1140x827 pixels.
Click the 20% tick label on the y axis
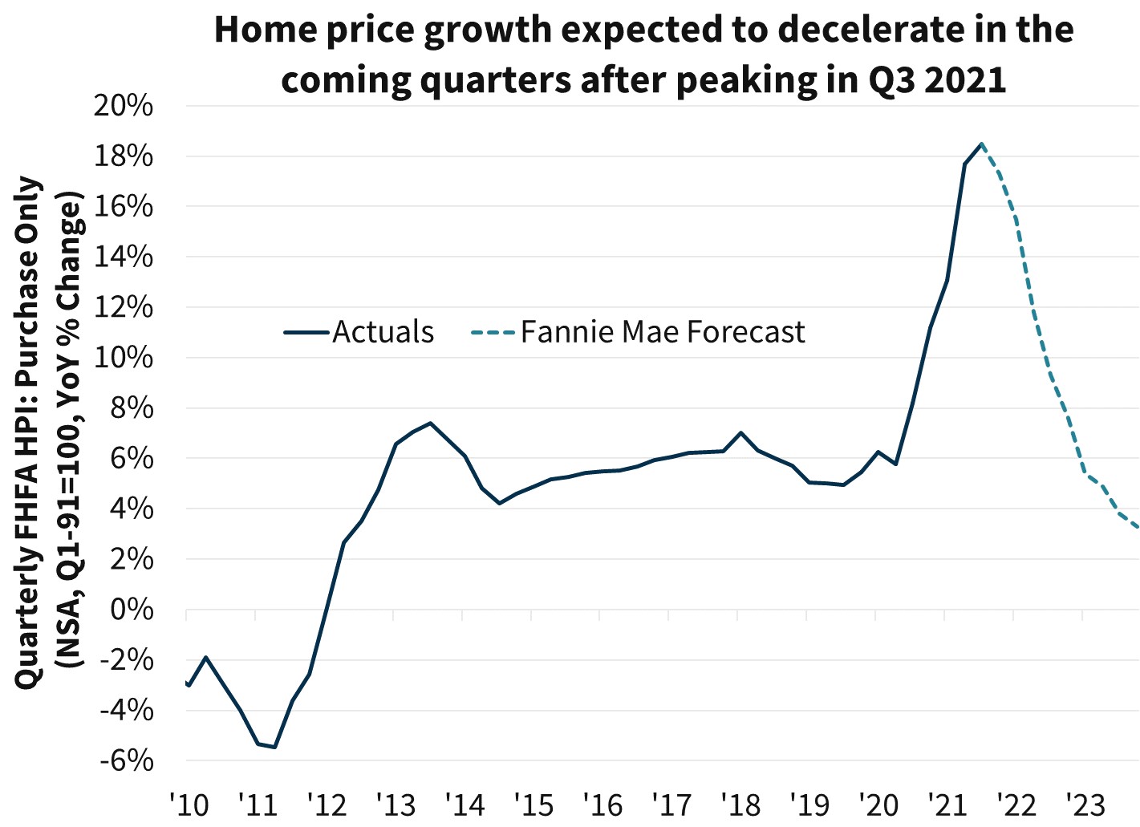(124, 106)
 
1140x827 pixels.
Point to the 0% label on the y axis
(132, 610)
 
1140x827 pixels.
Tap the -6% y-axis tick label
(126, 760)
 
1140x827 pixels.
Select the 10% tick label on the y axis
(124, 358)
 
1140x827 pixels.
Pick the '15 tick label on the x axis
(533, 804)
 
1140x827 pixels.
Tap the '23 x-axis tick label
(1084, 804)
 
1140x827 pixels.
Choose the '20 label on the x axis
(878, 804)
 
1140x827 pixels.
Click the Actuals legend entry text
(383, 332)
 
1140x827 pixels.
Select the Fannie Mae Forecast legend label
(663, 332)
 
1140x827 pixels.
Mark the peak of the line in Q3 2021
(981, 144)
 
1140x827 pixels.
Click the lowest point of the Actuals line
(274, 747)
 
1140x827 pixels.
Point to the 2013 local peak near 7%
(430, 423)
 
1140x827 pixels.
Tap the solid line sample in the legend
(306, 332)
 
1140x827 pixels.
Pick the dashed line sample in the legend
(493, 332)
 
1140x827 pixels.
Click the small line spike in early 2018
(740, 433)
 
